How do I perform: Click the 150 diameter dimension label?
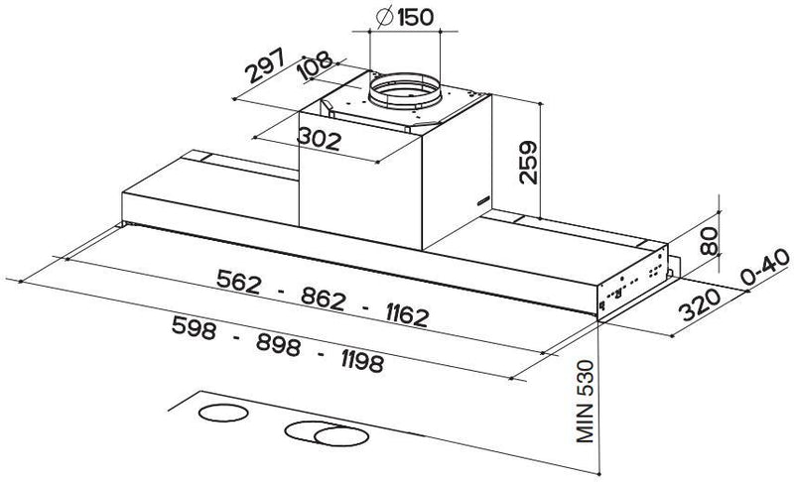[x=405, y=17]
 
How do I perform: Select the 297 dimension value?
[x=266, y=65]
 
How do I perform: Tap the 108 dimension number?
[x=315, y=64]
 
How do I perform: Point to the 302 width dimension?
[x=319, y=139]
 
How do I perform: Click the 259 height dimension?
[x=528, y=162]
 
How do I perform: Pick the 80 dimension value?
[x=709, y=241]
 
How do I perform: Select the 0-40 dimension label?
[x=764, y=268]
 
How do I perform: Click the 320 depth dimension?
[x=701, y=305]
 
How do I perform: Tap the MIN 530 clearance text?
[x=585, y=401]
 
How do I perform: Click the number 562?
[x=238, y=282]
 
